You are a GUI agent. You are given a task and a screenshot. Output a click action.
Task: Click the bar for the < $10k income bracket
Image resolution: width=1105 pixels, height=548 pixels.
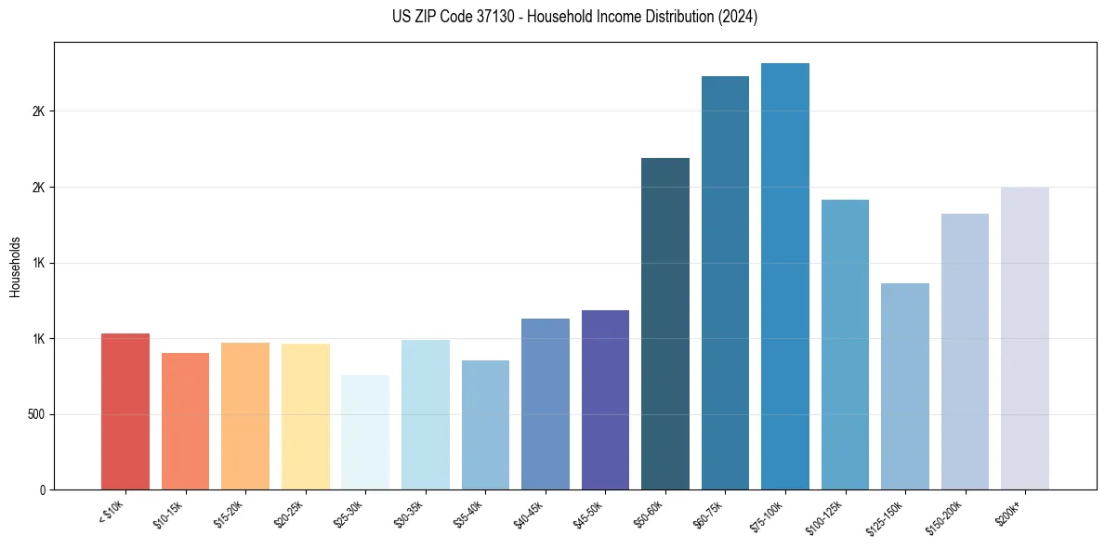tap(125, 411)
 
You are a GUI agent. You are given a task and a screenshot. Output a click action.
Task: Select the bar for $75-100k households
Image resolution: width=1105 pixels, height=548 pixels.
tap(785, 276)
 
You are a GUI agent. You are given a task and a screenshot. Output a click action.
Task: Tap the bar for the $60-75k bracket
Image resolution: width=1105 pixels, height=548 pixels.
tap(725, 282)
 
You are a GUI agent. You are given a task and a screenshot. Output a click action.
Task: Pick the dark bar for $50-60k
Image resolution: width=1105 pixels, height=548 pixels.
tap(665, 323)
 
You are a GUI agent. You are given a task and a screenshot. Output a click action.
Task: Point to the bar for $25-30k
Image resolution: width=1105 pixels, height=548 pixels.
tap(365, 432)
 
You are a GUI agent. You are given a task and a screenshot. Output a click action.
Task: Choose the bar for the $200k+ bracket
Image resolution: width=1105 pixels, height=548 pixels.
tap(1025, 338)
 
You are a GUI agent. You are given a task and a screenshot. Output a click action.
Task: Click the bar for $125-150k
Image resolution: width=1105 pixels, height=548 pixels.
tap(905, 386)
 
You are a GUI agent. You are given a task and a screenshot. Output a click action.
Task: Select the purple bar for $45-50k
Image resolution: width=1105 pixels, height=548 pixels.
tap(605, 399)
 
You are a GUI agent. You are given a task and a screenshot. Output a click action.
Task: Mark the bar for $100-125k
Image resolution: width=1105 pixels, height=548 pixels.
tap(845, 345)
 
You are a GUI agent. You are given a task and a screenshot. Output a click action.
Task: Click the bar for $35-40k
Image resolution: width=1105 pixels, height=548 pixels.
tap(485, 424)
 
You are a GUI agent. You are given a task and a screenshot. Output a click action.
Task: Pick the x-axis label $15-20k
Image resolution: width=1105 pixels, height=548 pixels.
tap(229, 514)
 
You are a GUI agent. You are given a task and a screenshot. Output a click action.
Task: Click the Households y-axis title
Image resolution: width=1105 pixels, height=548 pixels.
tap(15, 267)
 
